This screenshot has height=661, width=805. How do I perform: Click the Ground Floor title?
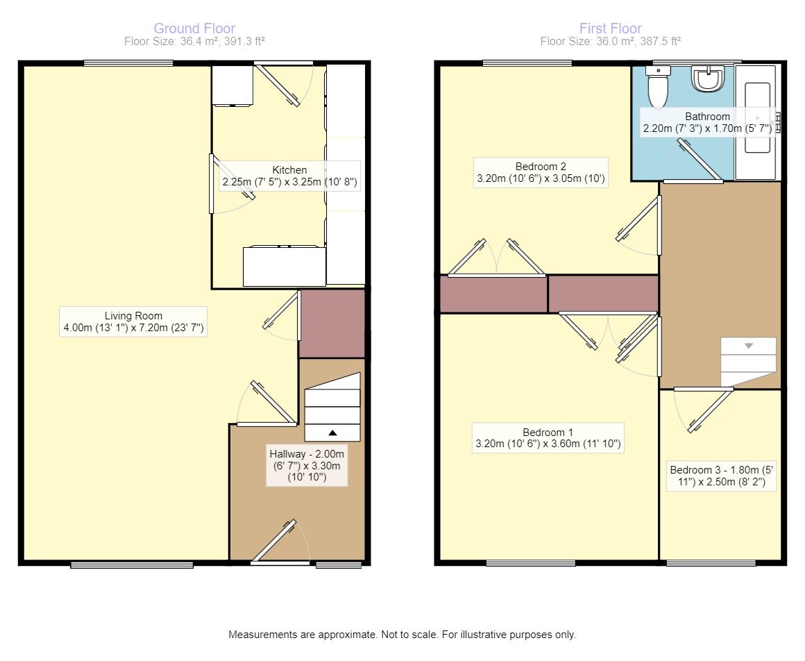click(194, 28)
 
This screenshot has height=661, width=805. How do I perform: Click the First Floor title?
click(611, 28)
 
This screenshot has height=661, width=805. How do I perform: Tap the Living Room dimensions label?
click(133, 322)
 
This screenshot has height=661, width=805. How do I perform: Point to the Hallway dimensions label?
click(307, 466)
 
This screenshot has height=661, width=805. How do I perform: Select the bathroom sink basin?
click(708, 79)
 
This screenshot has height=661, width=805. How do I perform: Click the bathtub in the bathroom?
click(757, 118)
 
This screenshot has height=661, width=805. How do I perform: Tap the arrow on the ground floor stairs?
click(332, 433)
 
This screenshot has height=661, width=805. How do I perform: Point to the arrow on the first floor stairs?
click(749, 345)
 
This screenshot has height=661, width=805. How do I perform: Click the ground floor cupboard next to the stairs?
click(332, 324)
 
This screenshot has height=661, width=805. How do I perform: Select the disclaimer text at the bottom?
click(402, 635)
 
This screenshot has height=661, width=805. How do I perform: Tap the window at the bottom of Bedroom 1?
click(530, 563)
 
